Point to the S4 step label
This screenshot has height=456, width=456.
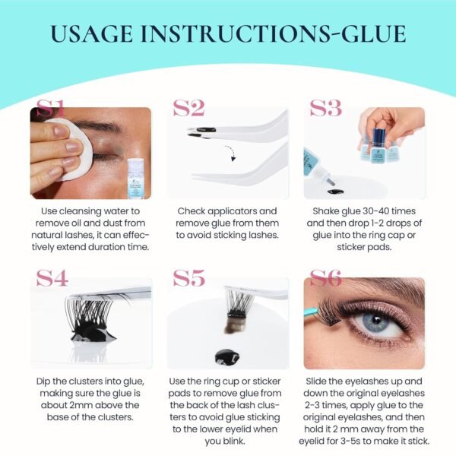tap(52, 278)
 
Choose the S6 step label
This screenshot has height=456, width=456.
tap(326, 278)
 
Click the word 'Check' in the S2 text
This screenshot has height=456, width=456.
tap(194, 211)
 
